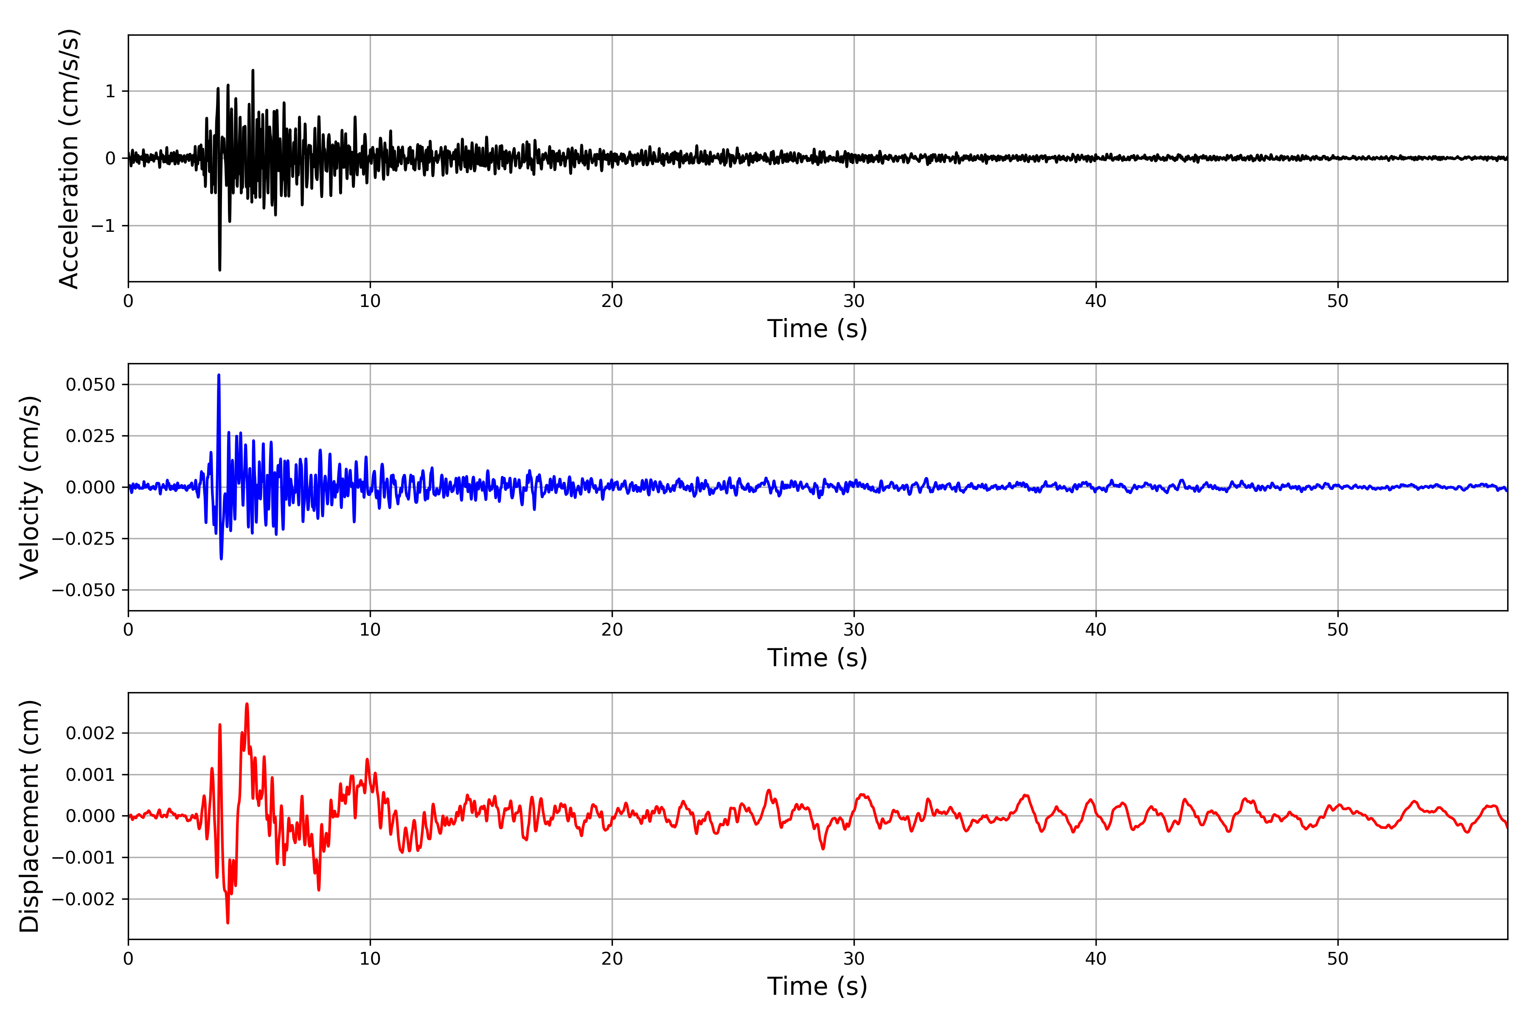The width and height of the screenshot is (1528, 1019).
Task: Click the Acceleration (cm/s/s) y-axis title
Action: coord(69,158)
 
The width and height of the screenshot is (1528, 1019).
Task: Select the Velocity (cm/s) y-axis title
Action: coord(29,487)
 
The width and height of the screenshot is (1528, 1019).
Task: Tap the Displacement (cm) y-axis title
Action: coord(29,816)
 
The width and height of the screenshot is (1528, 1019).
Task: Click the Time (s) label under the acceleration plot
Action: coord(817,329)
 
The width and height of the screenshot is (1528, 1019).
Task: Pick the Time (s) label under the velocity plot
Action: coord(817,658)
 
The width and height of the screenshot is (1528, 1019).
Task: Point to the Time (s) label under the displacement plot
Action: coord(817,986)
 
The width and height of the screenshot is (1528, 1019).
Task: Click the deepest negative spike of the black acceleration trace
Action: coord(219,270)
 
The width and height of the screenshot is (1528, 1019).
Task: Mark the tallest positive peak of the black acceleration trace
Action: coord(253,70)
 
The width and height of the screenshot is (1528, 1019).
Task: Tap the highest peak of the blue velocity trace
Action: coord(219,375)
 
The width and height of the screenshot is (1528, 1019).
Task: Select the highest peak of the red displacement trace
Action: coord(247,704)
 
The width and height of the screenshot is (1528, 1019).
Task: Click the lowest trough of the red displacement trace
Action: coord(228,923)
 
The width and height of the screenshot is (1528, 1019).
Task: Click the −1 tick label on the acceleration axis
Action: coord(103,225)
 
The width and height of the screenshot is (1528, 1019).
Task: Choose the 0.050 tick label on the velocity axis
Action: coord(90,385)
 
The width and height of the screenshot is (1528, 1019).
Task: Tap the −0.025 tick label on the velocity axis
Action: coord(84,539)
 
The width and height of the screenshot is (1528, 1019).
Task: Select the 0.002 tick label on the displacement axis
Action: coord(90,734)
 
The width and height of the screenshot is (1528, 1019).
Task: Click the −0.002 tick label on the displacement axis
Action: coord(84,899)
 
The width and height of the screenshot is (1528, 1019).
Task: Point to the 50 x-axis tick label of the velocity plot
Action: coord(1338,630)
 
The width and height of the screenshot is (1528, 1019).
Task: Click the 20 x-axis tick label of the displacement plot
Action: coord(612,959)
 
